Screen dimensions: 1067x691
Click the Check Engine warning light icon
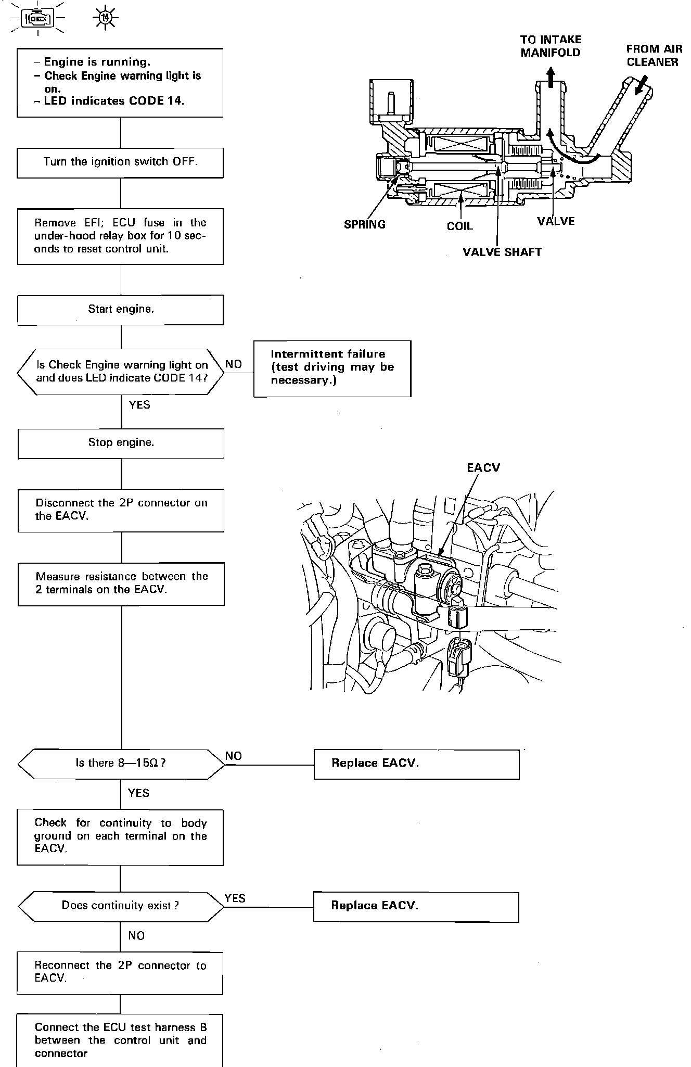38,19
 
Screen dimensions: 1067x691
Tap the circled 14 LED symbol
106,19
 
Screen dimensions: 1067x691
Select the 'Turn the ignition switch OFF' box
120,162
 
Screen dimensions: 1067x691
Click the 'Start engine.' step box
121,310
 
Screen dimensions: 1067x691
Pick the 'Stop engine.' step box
121,443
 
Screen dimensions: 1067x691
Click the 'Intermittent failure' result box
332,369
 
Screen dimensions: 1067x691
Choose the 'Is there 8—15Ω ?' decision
121,764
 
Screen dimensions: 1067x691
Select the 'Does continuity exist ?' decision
121,906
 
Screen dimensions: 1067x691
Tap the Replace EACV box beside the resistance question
416,764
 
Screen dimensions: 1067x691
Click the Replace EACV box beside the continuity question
416,906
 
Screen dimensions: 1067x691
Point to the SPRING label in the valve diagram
365,224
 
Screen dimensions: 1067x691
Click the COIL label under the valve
460,226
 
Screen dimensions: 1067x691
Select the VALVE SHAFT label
502,252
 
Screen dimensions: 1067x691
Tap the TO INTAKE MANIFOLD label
551,46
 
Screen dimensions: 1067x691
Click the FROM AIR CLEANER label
654,55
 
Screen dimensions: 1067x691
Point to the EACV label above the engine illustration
483,467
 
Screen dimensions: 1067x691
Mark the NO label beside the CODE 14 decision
234,364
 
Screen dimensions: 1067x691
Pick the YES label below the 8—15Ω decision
138,793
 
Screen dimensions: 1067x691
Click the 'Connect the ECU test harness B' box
120,1040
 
